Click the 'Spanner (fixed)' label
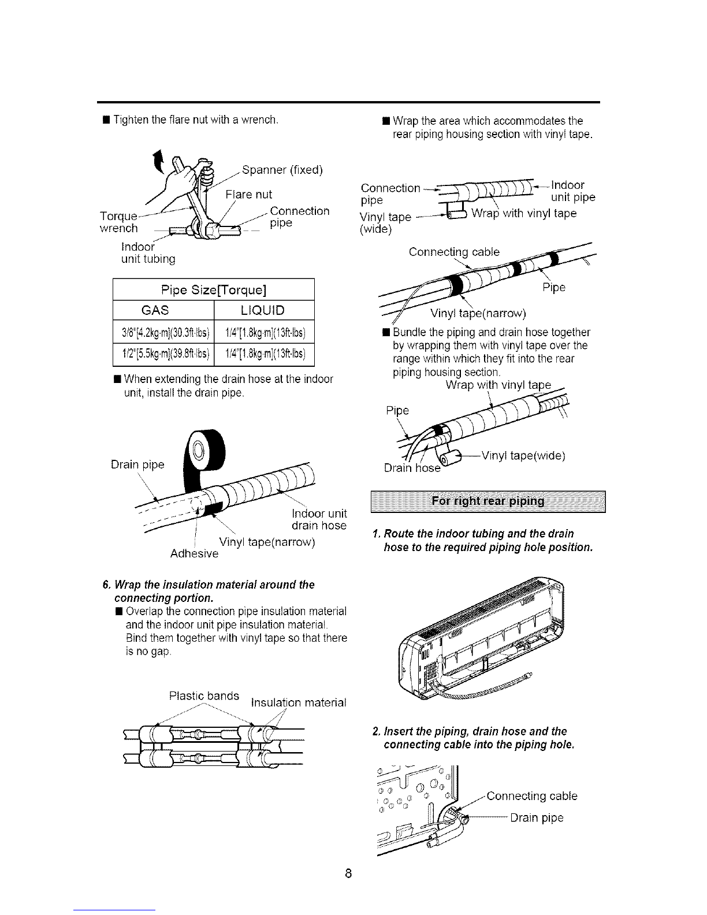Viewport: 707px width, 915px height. click(x=282, y=170)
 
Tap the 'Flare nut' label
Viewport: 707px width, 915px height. click(x=248, y=194)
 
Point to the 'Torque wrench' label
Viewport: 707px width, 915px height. click(x=119, y=222)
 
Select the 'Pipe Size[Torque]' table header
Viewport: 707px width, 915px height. click(x=214, y=289)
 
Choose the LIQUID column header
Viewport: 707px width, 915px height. click(x=263, y=310)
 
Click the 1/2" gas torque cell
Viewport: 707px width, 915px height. click(x=163, y=353)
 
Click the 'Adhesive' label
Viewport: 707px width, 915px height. click(x=195, y=554)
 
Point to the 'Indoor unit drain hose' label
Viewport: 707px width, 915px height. click(x=318, y=520)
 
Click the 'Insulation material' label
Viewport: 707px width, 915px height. click(x=297, y=703)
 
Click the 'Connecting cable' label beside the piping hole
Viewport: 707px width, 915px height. click(x=531, y=796)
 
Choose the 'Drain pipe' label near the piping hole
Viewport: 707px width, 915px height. click(x=537, y=818)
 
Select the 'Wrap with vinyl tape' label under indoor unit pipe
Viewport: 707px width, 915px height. click(x=524, y=214)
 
